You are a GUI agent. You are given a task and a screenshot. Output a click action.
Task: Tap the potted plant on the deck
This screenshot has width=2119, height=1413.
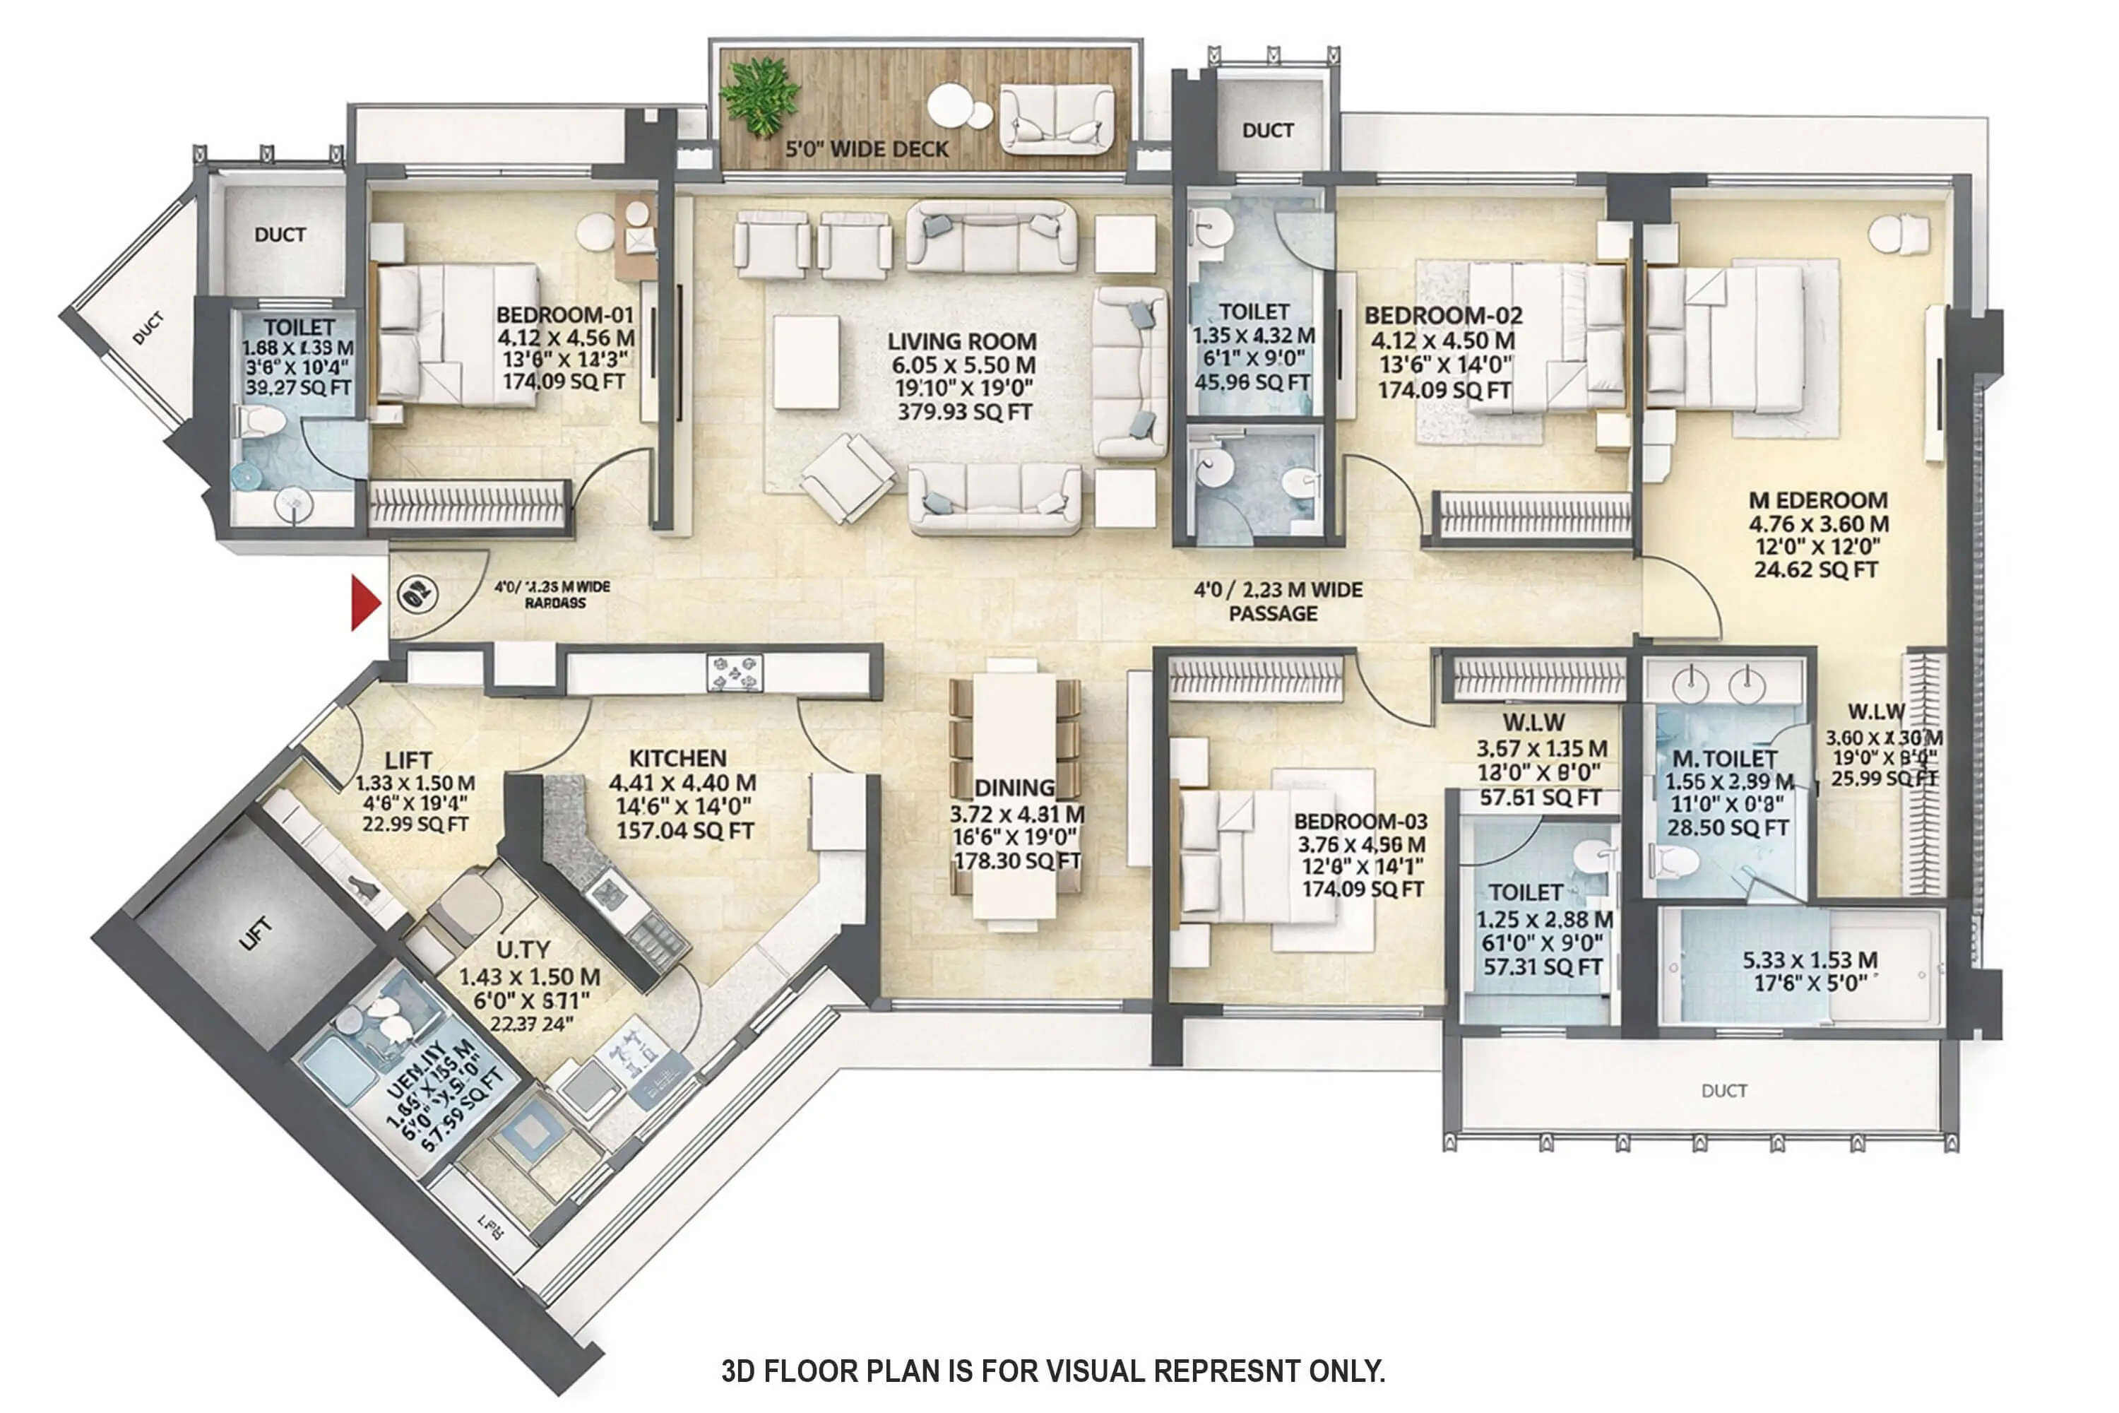tap(762, 95)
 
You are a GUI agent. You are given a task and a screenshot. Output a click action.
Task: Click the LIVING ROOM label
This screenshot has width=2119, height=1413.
tap(961, 341)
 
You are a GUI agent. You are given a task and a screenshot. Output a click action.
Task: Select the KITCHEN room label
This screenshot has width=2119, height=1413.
tap(677, 758)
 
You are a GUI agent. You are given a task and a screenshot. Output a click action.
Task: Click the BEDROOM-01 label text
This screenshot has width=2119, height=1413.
tap(565, 315)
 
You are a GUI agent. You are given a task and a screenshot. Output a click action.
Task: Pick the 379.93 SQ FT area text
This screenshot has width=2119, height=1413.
tap(964, 412)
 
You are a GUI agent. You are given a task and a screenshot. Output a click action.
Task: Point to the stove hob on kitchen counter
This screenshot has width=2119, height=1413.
tap(735, 673)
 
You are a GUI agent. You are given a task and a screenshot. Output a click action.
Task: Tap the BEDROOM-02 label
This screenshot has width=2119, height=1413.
tap(1442, 315)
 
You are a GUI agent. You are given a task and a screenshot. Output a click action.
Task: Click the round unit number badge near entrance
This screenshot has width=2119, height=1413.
tap(417, 595)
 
